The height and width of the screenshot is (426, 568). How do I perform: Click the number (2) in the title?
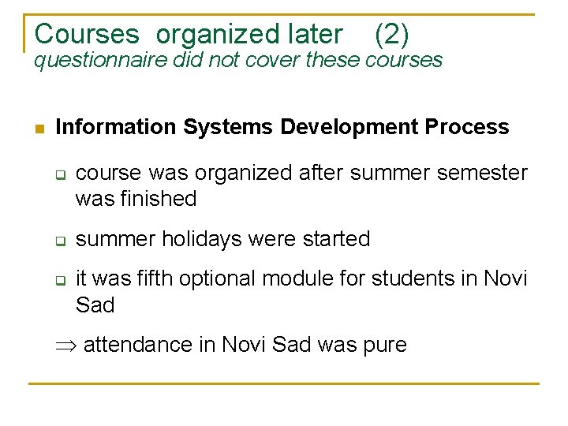391,34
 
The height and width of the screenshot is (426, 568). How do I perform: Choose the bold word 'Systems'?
227,127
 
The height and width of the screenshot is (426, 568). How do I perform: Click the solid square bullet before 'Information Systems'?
38,128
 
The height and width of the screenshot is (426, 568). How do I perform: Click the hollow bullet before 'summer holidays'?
58,240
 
